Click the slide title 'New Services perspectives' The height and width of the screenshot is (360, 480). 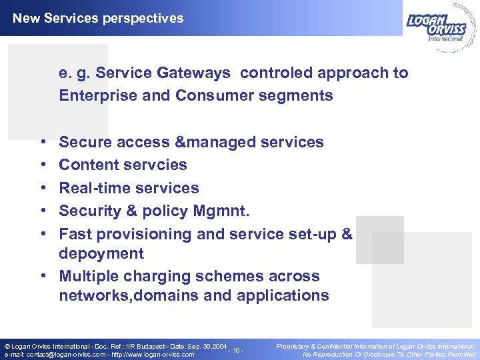click(x=98, y=19)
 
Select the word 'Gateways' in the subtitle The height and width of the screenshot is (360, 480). click(x=199, y=73)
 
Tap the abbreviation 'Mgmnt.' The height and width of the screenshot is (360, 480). click(x=221, y=211)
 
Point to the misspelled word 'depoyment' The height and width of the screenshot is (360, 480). click(x=101, y=253)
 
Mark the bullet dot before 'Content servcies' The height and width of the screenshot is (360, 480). click(x=43, y=165)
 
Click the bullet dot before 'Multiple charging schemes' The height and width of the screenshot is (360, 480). click(x=43, y=277)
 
